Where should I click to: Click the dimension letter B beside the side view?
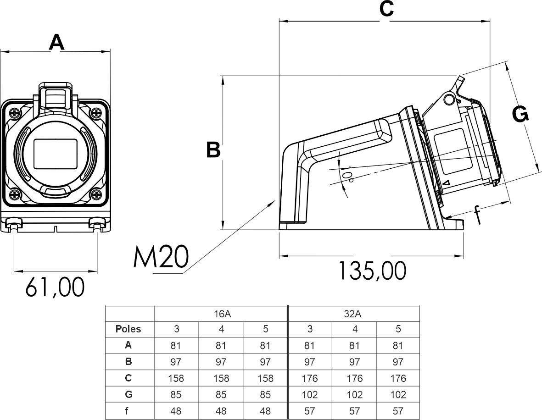click(x=213, y=150)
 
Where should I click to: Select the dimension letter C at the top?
click(x=386, y=9)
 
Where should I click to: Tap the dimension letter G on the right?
click(x=520, y=115)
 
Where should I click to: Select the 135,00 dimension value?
click(x=372, y=271)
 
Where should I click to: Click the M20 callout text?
click(x=161, y=258)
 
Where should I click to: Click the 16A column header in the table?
click(x=221, y=314)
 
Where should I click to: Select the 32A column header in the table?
click(x=353, y=314)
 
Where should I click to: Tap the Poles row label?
click(x=129, y=329)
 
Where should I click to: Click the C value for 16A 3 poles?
click(x=176, y=378)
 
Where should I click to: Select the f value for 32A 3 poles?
click(x=309, y=411)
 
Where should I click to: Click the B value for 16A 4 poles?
click(x=221, y=362)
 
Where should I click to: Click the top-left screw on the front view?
click(x=15, y=112)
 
